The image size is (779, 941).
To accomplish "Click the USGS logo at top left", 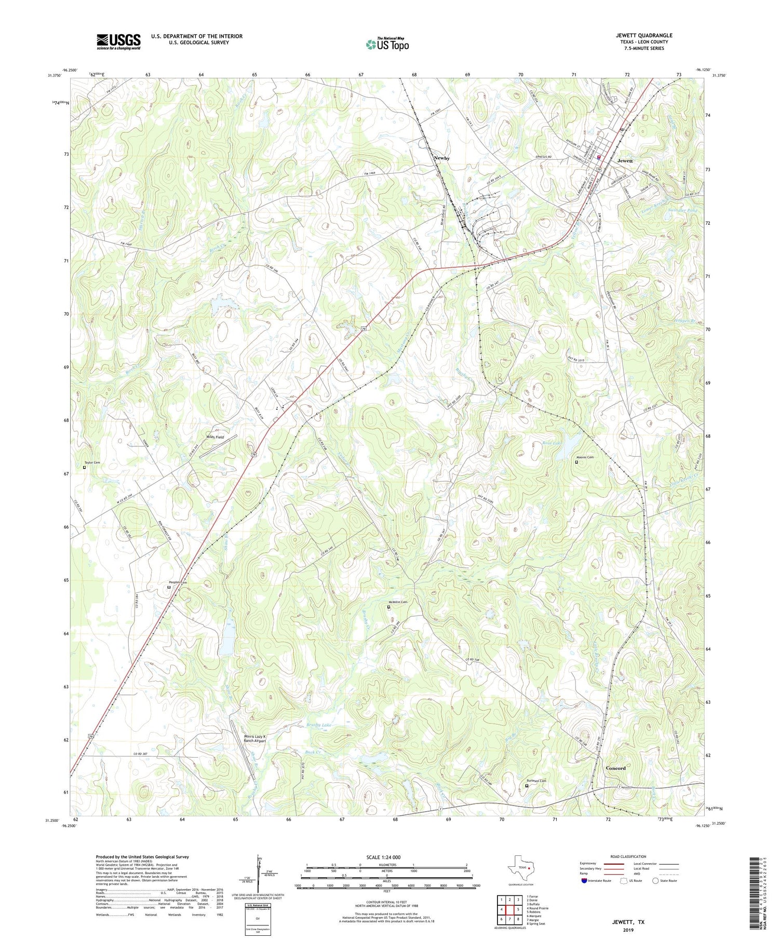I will point(118,42).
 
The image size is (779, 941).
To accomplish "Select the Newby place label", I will point(441,158).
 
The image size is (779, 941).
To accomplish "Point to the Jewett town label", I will point(625,161).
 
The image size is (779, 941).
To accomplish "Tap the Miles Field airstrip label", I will point(215,437).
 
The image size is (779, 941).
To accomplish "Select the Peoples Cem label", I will point(178,582).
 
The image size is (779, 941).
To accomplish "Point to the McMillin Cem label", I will point(397,602).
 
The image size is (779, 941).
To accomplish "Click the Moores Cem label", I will point(584,457).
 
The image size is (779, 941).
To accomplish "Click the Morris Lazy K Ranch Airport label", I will point(254,739).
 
